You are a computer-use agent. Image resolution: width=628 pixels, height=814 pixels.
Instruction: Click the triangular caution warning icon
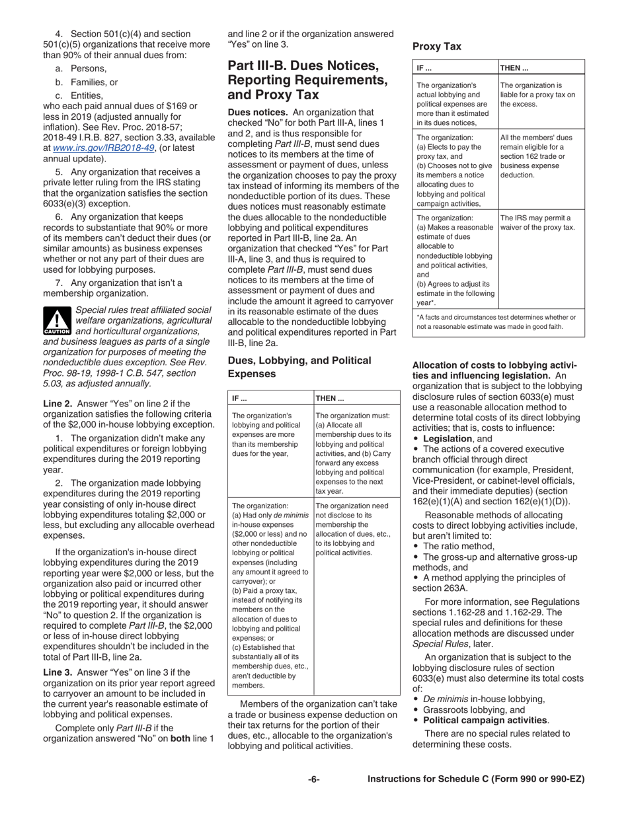point(52,320)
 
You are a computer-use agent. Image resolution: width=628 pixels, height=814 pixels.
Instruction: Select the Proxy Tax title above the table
point(436,46)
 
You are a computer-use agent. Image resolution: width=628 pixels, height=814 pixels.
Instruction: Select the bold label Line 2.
point(58,403)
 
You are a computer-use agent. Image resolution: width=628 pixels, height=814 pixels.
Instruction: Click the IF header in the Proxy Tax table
point(424,68)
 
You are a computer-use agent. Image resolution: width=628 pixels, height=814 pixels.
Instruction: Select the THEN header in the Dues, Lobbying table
point(328,398)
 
